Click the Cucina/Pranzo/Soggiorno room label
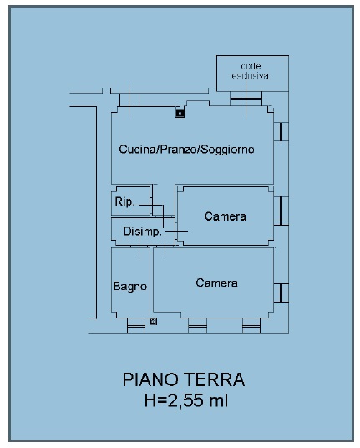click(x=186, y=150)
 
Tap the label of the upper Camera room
click(x=226, y=216)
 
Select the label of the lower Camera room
click(x=216, y=283)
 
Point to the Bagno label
click(x=130, y=287)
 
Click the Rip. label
click(x=124, y=201)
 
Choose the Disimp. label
click(x=143, y=232)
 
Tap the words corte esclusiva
click(x=251, y=71)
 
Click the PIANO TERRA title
click(x=184, y=379)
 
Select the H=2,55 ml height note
click(x=186, y=400)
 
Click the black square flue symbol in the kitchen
click(x=180, y=114)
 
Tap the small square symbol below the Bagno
click(x=154, y=322)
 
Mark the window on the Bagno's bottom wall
click(x=136, y=326)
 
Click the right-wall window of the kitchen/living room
click(x=281, y=132)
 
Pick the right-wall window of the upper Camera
click(x=281, y=211)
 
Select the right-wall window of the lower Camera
click(x=281, y=293)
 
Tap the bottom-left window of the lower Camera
click(x=198, y=326)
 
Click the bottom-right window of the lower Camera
click(x=251, y=326)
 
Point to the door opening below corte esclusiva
click(x=246, y=99)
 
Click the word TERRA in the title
click(x=214, y=379)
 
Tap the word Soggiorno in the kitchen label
click(x=227, y=150)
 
